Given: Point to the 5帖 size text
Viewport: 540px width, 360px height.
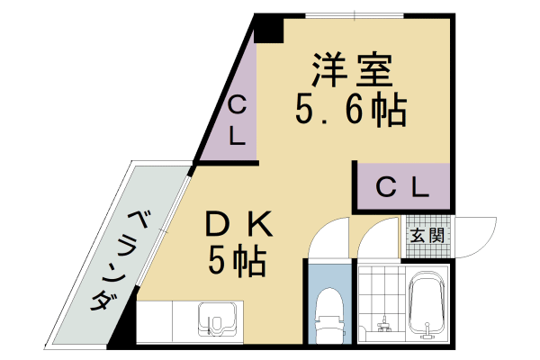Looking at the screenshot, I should click(x=237, y=261).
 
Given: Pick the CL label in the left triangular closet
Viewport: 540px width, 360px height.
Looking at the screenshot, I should click(x=236, y=121).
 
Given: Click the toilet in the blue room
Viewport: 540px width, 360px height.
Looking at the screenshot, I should click(x=329, y=310).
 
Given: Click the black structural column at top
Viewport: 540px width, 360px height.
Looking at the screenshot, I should click(x=268, y=30).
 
